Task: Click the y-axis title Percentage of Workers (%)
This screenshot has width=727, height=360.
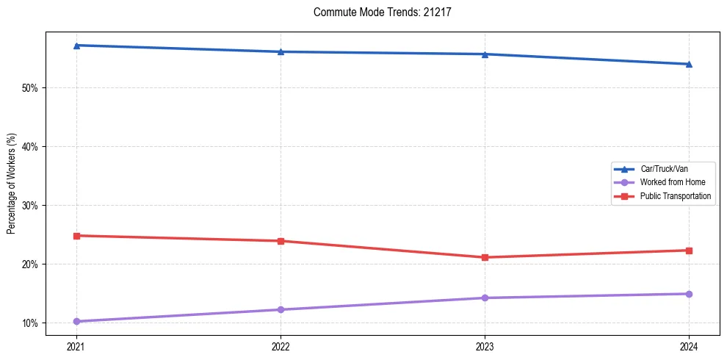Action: click(x=11, y=184)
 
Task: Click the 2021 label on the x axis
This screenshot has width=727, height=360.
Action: click(x=76, y=345)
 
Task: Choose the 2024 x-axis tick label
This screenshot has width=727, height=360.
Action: click(x=689, y=345)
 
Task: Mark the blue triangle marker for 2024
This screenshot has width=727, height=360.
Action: click(x=689, y=64)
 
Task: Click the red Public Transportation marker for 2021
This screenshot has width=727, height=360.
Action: click(x=76, y=236)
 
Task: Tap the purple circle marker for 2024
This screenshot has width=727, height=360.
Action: click(x=689, y=294)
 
